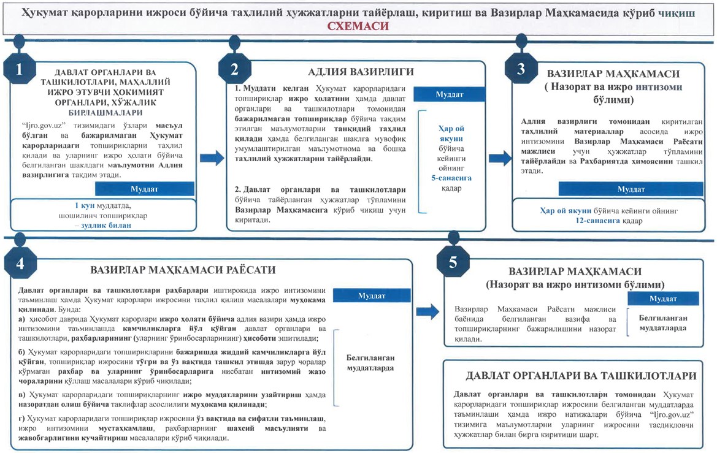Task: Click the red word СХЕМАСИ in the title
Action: (x=358, y=26)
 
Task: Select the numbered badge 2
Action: (x=234, y=69)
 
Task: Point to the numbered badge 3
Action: (x=521, y=68)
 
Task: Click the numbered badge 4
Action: (x=21, y=263)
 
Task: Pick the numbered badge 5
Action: (x=453, y=262)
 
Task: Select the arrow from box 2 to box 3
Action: (x=500, y=156)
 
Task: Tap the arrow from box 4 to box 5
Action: (x=432, y=311)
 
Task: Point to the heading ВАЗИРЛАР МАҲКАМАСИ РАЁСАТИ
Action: (x=183, y=270)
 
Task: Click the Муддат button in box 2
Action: (x=450, y=94)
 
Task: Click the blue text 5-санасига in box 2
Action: (x=451, y=178)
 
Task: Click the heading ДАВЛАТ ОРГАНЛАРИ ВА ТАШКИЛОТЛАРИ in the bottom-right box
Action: (x=580, y=376)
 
